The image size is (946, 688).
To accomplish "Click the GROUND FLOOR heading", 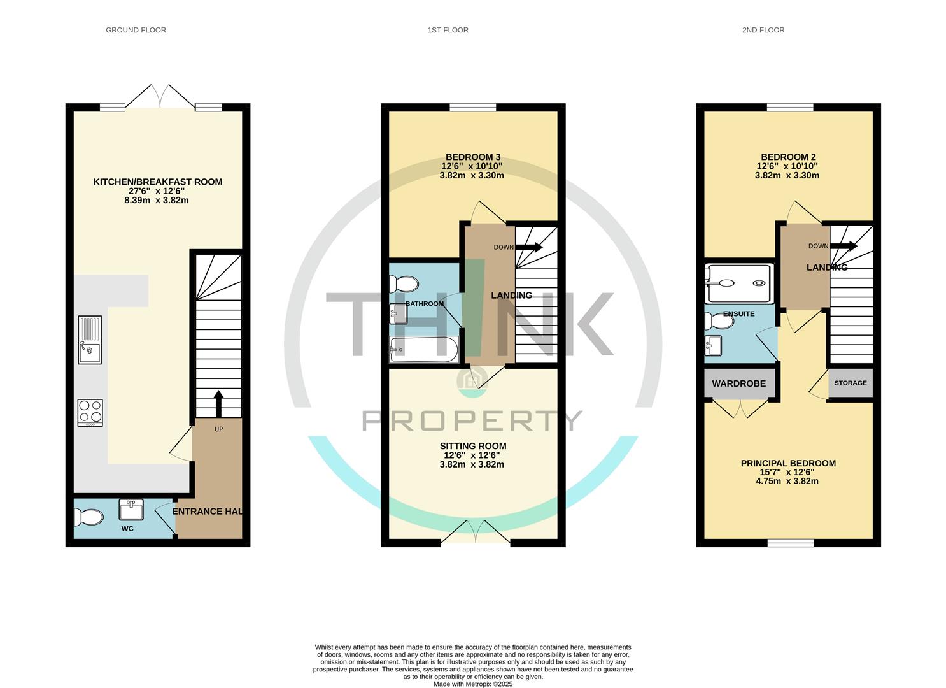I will tap(136, 30).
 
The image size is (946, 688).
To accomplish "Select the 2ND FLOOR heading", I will tap(763, 30).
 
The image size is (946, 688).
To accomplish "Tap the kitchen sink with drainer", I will tap(90, 340).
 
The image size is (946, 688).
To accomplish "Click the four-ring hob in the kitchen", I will tap(90, 412).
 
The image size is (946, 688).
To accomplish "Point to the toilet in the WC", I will tap(88, 517).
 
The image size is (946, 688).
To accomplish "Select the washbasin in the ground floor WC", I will tap(131, 510).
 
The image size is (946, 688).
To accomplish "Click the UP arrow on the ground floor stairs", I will tap(218, 403).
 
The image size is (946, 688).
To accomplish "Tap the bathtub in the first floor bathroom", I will tap(423, 350).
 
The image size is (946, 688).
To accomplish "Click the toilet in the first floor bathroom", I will tap(403, 284).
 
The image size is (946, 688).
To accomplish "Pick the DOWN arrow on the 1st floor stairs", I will tap(529, 247).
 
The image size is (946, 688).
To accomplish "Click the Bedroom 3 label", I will tap(472, 157).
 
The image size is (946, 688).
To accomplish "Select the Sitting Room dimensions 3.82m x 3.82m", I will tap(472, 464).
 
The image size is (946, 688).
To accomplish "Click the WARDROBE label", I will tap(738, 383).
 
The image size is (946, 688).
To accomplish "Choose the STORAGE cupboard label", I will tap(850, 383).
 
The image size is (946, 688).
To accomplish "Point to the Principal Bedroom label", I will tap(788, 463).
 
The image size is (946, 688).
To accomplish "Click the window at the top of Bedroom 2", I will tap(789, 107).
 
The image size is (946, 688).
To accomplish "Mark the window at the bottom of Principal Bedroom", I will tap(790, 543).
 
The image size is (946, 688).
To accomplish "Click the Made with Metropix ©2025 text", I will tap(472, 684).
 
